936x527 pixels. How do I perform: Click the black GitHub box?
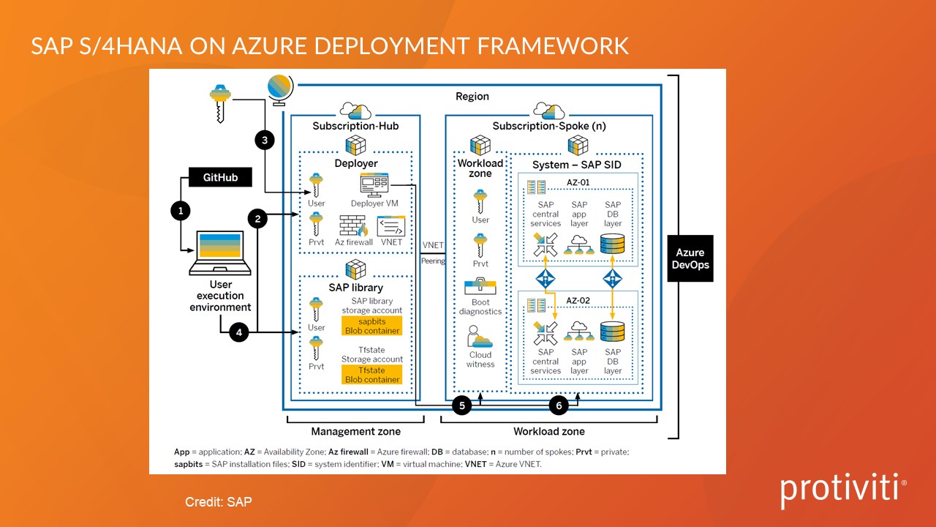pyautogui.click(x=220, y=177)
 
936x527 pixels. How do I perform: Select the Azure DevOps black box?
pyautogui.click(x=690, y=258)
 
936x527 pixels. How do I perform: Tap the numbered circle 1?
pyautogui.click(x=180, y=212)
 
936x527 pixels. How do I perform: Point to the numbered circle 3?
pyautogui.click(x=265, y=139)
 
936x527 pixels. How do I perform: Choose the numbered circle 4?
pyautogui.click(x=238, y=332)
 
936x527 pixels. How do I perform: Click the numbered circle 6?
pyautogui.click(x=559, y=405)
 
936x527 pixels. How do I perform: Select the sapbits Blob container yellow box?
pyautogui.click(x=372, y=326)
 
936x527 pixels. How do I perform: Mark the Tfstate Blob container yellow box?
pyautogui.click(x=372, y=375)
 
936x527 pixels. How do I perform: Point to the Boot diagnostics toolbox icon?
pyautogui.click(x=480, y=286)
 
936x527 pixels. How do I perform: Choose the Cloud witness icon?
pyautogui.click(x=480, y=337)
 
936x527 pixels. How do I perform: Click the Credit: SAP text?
pyautogui.click(x=219, y=502)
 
